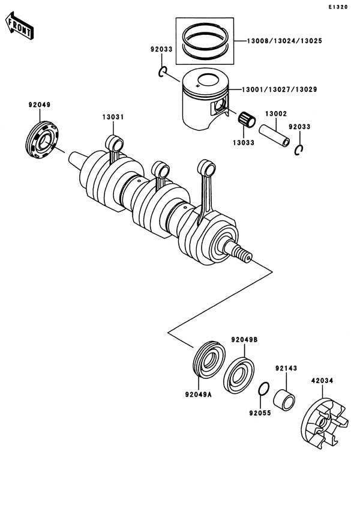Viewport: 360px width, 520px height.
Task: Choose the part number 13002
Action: click(x=275, y=113)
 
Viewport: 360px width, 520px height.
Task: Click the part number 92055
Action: click(x=259, y=414)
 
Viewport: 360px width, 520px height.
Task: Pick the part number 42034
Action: click(x=322, y=380)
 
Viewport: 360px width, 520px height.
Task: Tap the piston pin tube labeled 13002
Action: click(x=275, y=136)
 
